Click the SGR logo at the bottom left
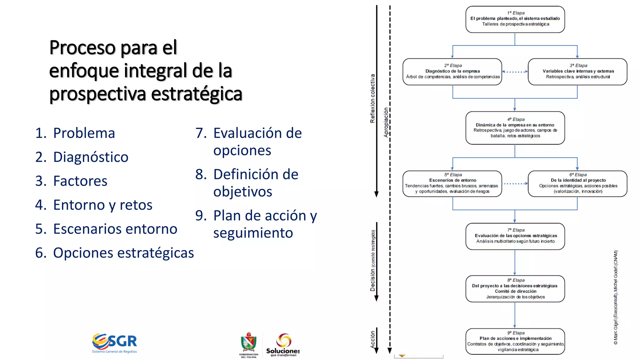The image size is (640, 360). (115, 343)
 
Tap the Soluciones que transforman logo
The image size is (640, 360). (283, 345)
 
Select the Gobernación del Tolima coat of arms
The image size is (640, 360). (249, 344)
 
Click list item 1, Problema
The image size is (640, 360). (75, 133)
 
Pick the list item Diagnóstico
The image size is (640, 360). (82, 157)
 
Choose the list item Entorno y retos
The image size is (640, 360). (94, 205)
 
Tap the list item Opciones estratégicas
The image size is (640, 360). (114, 253)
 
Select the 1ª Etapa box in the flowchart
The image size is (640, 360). (515, 19)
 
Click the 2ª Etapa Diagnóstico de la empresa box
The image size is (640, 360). (452, 72)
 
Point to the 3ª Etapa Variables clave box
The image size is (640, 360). (577, 72)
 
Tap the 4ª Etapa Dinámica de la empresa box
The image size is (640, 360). (515, 128)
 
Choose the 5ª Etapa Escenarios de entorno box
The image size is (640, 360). (452, 183)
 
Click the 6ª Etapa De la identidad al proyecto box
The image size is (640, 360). (577, 183)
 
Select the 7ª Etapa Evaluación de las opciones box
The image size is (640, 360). (515, 236)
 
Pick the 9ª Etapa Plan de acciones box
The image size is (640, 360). (515, 341)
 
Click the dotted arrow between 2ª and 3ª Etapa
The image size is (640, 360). (515, 72)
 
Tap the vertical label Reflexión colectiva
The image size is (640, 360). (372, 98)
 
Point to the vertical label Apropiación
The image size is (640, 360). (386, 122)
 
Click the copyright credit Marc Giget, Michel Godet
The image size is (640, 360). (616, 297)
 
